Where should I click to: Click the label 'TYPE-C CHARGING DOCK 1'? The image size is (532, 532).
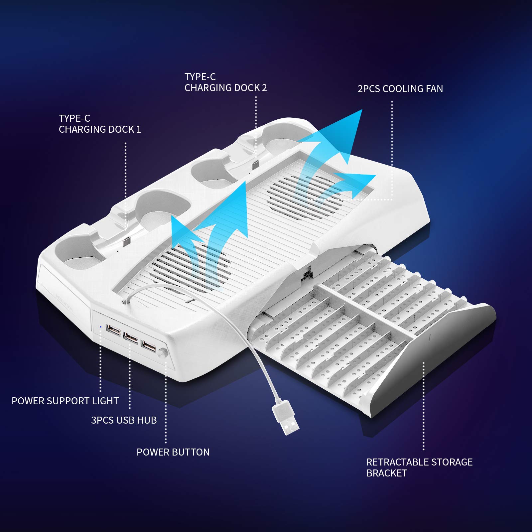coord(100,124)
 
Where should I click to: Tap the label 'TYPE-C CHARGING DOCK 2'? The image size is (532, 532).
coord(225,82)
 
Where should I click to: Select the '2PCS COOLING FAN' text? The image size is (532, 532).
coord(400,89)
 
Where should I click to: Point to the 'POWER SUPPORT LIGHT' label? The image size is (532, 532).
coord(65,401)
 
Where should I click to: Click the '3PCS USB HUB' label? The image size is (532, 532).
coord(124,420)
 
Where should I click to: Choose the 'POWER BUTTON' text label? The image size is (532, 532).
coord(173,452)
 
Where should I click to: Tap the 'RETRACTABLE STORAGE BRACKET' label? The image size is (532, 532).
coord(419,467)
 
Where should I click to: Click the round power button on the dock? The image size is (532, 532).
coord(163,353)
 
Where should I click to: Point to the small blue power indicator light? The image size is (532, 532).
coord(101,327)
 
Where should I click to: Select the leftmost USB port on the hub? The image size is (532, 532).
coord(113,330)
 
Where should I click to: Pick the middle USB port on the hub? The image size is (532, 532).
coord(130,338)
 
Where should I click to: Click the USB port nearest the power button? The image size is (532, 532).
coord(148,347)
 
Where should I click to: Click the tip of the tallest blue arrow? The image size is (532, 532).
coord(362,110)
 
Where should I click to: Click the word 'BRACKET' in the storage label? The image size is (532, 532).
coord(387,473)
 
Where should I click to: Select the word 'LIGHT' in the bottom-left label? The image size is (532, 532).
coord(105,401)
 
